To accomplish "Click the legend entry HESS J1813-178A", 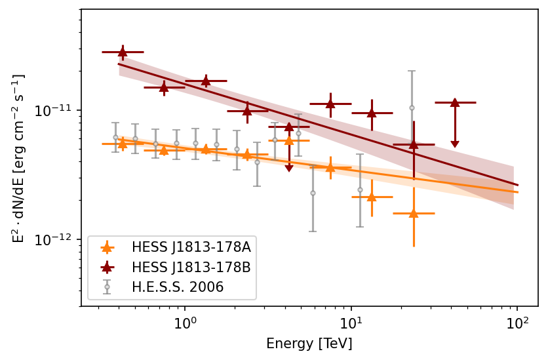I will pos(191,247).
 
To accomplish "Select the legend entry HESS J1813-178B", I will pos(191,267).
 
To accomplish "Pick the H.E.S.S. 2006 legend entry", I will pos(177,287).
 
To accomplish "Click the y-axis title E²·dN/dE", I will pos(18,158).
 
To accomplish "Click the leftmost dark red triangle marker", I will pos(123,51).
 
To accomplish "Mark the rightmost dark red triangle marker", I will pos(455,102).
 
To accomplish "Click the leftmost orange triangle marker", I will pos(123,144).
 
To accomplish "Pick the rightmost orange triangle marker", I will pos(414,213).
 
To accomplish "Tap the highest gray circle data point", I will pos(412,108).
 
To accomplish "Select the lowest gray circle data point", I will pos(313,193).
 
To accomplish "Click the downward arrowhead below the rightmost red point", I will pos(455,144).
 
